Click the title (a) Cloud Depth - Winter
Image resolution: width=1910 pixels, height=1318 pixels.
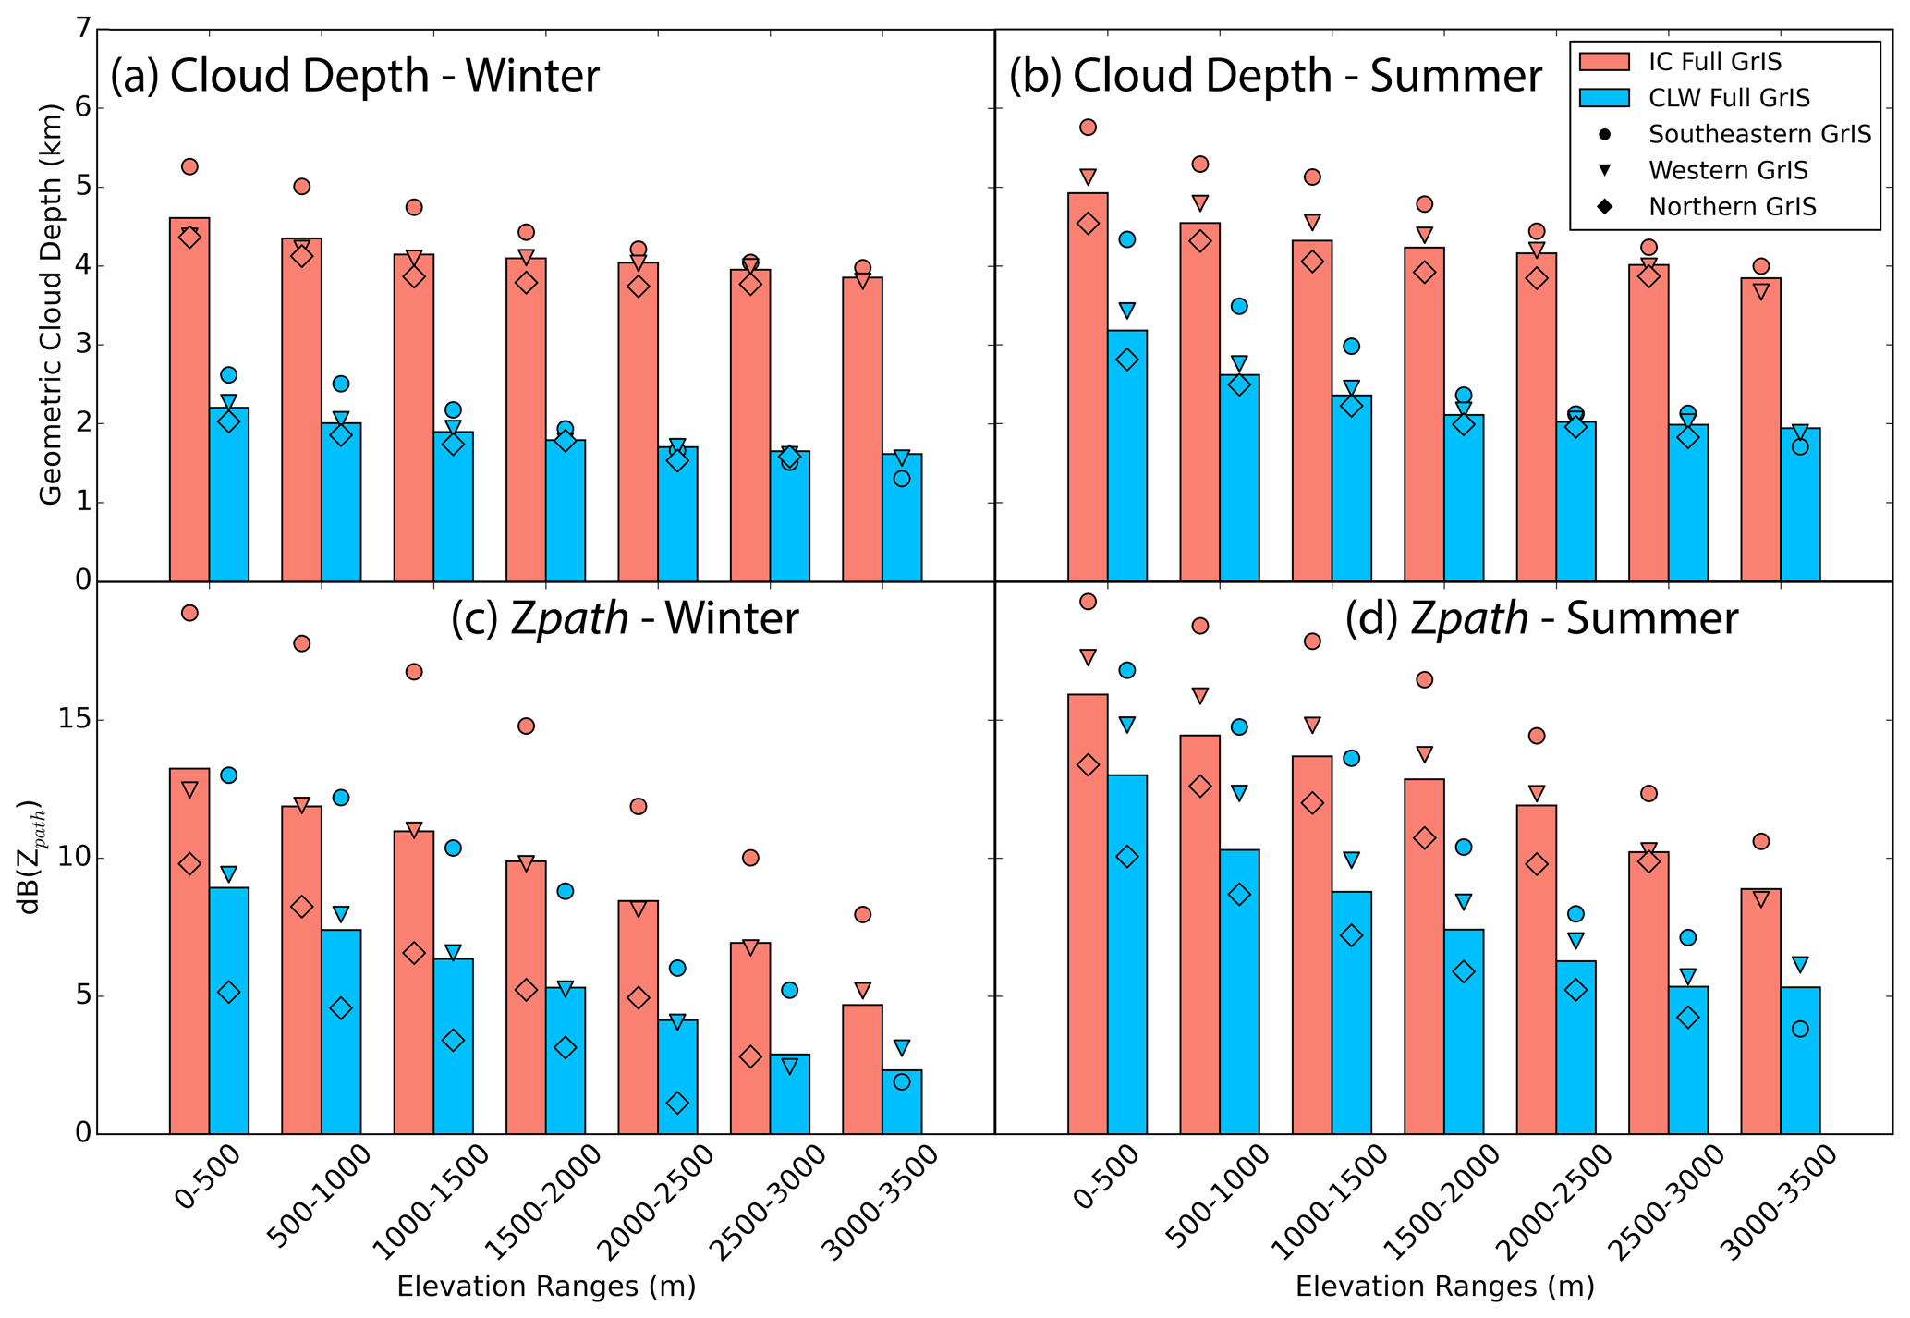point(355,76)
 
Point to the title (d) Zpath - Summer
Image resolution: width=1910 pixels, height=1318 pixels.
point(1540,618)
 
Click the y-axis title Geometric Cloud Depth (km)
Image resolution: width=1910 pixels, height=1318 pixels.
point(51,304)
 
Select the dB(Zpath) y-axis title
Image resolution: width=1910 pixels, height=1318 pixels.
point(31,857)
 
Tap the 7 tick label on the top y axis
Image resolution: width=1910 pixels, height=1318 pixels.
point(83,30)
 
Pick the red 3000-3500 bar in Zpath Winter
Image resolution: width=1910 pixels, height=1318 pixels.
point(862,1068)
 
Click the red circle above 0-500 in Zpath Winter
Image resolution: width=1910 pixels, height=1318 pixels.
point(189,613)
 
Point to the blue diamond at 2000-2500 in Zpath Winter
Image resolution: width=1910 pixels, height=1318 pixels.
point(677,1103)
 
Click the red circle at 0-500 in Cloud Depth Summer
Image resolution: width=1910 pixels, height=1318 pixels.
point(1088,128)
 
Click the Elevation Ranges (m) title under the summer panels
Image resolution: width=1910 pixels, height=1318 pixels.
point(1444,1287)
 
